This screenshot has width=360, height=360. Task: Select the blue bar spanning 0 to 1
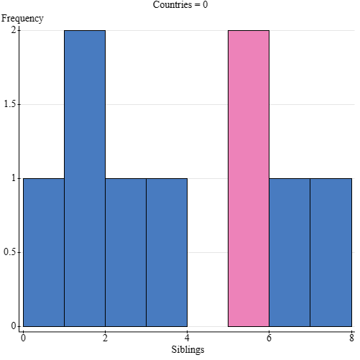(44, 252)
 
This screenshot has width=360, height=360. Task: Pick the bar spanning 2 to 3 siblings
(126, 252)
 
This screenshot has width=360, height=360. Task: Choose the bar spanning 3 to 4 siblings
(167, 252)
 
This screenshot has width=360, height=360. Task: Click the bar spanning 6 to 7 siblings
(290, 252)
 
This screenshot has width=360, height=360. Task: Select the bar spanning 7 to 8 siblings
(331, 252)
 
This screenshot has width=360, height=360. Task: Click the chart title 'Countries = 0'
(180, 5)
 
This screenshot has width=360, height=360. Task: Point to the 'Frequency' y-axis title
(22, 19)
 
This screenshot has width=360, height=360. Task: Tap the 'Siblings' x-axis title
(188, 350)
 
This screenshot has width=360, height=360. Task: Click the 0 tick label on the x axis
(24, 337)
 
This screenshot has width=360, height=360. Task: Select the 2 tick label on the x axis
(106, 337)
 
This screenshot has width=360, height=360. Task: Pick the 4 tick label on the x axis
(188, 337)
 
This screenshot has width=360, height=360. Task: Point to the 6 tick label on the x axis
(269, 337)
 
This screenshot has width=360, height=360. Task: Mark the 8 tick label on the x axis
(351, 337)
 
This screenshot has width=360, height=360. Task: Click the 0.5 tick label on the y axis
(10, 252)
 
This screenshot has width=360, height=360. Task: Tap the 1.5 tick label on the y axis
(10, 104)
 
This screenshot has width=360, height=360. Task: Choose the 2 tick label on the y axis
(14, 30)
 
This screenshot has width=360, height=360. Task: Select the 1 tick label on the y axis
(14, 178)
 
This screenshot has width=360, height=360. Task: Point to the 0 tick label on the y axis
(14, 326)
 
